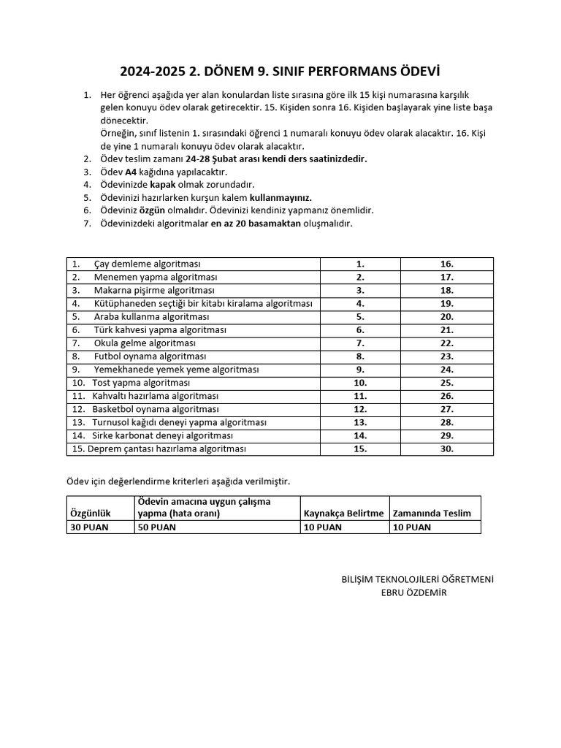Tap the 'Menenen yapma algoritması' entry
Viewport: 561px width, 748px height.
click(x=156, y=277)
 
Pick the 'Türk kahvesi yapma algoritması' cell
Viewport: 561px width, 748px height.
click(x=160, y=330)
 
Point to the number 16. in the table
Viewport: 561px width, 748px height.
click(x=447, y=264)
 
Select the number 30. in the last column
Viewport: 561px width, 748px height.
click(x=447, y=449)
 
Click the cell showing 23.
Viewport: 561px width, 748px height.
click(x=447, y=356)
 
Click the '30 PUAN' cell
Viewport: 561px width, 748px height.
click(x=89, y=527)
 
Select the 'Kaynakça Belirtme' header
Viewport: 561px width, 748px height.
click(x=343, y=514)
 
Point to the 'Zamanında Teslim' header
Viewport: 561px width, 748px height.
click(x=432, y=514)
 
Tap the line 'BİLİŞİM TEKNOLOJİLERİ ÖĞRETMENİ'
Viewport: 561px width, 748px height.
click(x=417, y=579)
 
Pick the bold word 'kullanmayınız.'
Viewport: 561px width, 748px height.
click(x=280, y=198)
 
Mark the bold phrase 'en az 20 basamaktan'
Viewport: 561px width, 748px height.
click(x=256, y=224)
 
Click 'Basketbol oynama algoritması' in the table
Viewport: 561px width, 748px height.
click(x=155, y=409)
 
